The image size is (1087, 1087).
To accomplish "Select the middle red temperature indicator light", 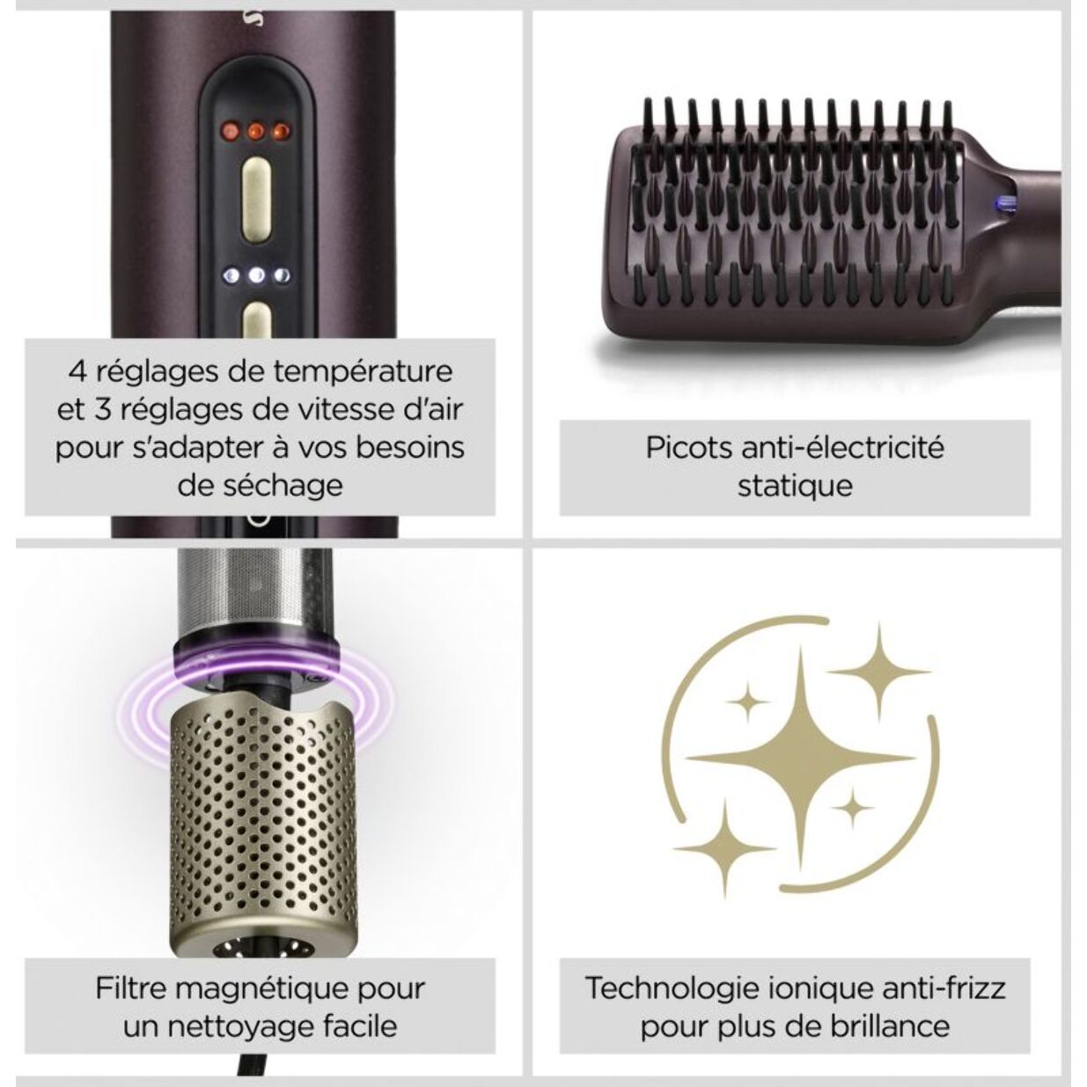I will pyautogui.click(x=256, y=132).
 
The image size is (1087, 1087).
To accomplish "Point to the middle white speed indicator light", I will pyautogui.click(x=256, y=275).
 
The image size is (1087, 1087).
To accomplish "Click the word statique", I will pyautogui.click(x=795, y=486).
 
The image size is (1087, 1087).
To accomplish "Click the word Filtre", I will pyautogui.click(x=131, y=988).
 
